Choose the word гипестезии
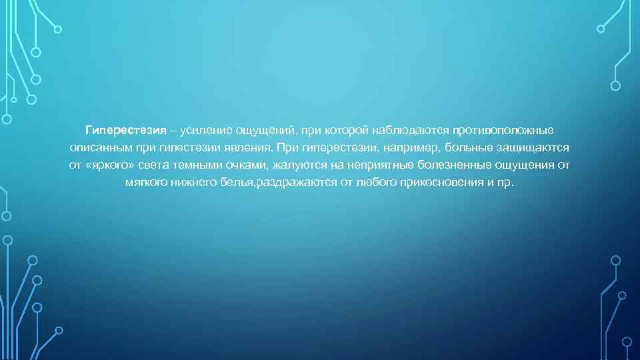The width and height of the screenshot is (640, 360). click(189, 146)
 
